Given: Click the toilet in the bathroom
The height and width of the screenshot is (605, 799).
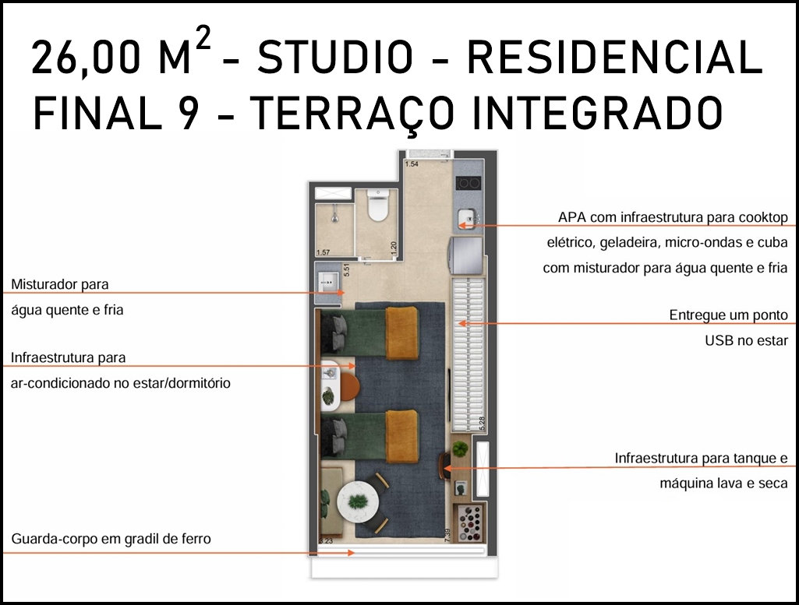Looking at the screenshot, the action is pos(377,206).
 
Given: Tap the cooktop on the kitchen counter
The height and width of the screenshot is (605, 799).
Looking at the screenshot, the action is pos(468,183).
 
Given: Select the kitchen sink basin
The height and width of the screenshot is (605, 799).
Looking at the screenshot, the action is pos(467,219).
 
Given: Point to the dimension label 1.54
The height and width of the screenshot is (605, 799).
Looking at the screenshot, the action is pos(412,164).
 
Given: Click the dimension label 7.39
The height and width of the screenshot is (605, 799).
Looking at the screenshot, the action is pos(447,535).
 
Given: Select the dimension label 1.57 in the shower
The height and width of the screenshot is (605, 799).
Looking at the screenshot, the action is pos(323,252).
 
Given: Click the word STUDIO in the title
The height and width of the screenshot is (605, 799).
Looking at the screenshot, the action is pos(334,57).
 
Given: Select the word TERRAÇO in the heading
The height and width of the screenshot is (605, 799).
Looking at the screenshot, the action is pos(351,114).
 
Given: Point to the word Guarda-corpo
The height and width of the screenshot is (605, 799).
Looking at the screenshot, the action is pos(55,539).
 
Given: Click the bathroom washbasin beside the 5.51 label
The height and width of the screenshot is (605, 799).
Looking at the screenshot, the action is pos(327,282).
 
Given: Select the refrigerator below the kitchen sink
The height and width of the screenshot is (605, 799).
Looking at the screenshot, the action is pos(465,255).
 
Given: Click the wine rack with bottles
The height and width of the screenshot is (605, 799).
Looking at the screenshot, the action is pos(469,522).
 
